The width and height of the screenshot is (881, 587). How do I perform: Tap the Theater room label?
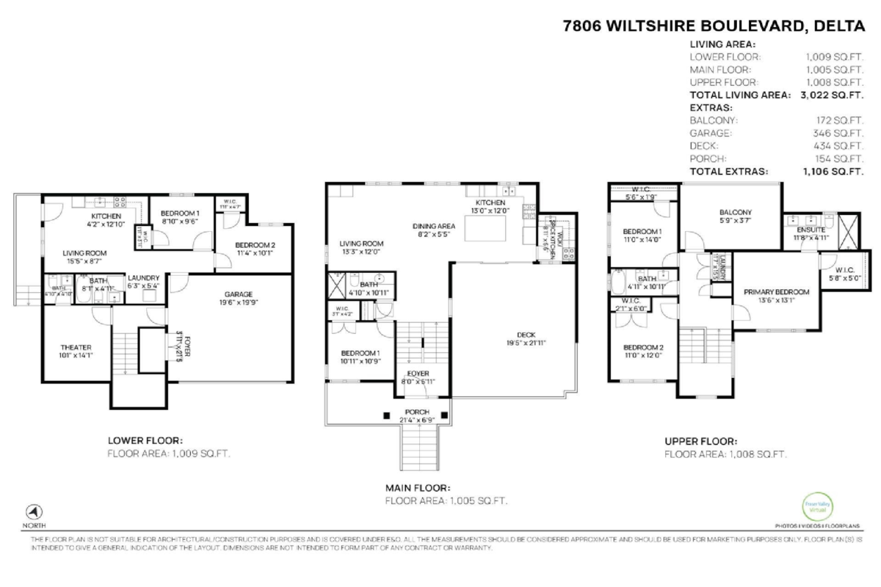[x=76, y=347]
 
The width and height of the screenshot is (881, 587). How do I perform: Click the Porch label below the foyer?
[x=416, y=412]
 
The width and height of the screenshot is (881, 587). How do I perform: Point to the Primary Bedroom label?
[x=776, y=291]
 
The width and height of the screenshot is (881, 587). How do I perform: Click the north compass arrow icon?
[x=35, y=512]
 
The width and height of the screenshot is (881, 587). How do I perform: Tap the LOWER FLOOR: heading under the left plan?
[x=145, y=441]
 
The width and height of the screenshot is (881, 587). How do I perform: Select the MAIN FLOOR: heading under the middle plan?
[x=418, y=487]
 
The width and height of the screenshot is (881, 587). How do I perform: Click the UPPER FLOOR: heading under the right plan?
[x=700, y=441]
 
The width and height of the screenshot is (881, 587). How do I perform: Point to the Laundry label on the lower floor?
[x=143, y=277]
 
